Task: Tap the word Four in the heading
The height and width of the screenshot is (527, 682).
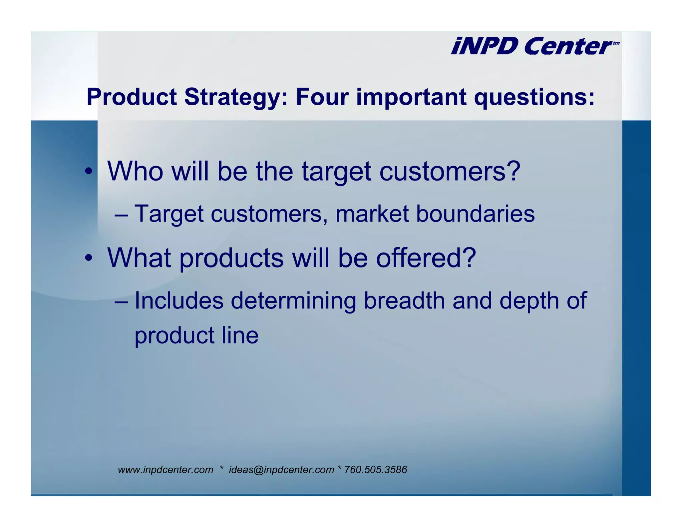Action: [x=322, y=97]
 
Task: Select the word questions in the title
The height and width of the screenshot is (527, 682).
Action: [x=534, y=97]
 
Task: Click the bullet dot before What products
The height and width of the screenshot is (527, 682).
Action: [x=89, y=258]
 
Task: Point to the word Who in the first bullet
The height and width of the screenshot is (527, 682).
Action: [x=135, y=171]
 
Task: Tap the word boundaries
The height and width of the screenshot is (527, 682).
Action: [x=475, y=214]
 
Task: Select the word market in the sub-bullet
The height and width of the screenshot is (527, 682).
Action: [x=372, y=214]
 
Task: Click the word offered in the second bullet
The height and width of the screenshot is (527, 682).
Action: [x=426, y=258]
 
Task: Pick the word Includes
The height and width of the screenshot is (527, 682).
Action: [x=179, y=300]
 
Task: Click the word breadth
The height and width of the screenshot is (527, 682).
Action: [x=404, y=300]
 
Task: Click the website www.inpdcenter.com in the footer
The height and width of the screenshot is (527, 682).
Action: [x=166, y=470]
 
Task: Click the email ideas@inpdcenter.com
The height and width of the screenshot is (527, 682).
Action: [x=281, y=470]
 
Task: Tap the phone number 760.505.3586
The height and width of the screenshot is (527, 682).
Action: [x=375, y=470]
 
